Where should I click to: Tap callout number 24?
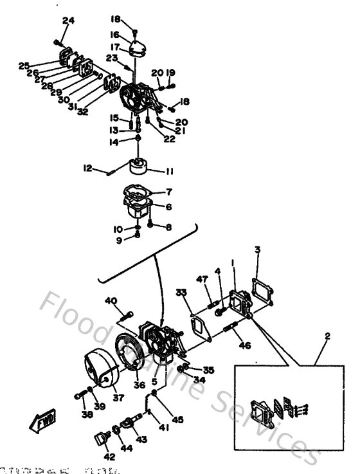68,21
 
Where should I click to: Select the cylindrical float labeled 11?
138,167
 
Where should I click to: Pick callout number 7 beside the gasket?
168,192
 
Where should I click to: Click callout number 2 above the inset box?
327,336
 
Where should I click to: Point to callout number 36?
139,385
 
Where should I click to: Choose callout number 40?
111,300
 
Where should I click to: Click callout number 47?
203,278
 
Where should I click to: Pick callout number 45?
178,419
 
